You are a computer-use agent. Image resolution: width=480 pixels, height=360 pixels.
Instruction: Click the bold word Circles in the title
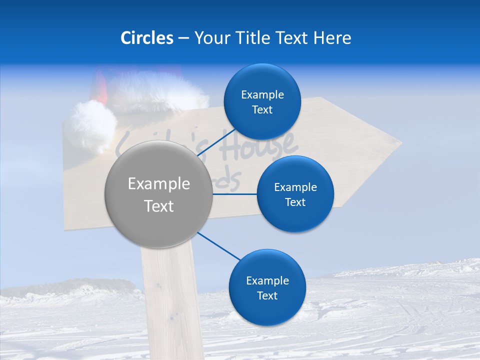click(146, 38)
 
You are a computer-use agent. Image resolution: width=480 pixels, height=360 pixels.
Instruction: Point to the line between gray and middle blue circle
click(234, 193)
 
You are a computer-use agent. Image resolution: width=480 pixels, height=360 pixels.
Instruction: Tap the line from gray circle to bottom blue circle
click(218, 246)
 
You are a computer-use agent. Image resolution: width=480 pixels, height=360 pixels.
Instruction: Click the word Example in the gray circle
click(159, 184)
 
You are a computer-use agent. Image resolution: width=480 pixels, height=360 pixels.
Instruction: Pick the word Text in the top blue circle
click(262, 110)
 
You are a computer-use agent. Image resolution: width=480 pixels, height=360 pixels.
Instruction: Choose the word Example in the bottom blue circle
click(267, 281)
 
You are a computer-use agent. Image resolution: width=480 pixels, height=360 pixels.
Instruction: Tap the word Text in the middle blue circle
click(295, 202)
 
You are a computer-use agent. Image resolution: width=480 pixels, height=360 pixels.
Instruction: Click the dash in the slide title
click(183, 38)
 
